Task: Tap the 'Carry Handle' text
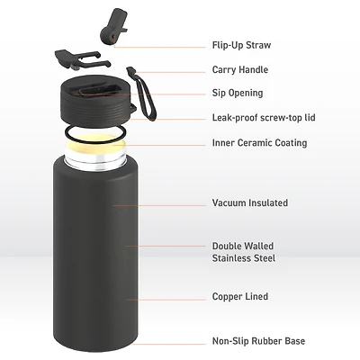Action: pyautogui.click(x=240, y=69)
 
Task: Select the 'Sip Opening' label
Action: pyautogui.click(x=238, y=93)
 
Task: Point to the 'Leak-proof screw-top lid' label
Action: pyautogui.click(x=264, y=118)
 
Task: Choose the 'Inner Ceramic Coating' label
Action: pyautogui.click(x=259, y=142)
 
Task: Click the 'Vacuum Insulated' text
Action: pyautogui.click(x=248, y=202)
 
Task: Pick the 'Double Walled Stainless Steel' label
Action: pyautogui.click(x=243, y=252)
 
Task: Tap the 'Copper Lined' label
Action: pyautogui.click(x=239, y=296)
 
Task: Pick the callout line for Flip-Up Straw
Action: pyautogui.click(x=171, y=45)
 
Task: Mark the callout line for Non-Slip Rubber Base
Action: pyautogui.click(x=171, y=340)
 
